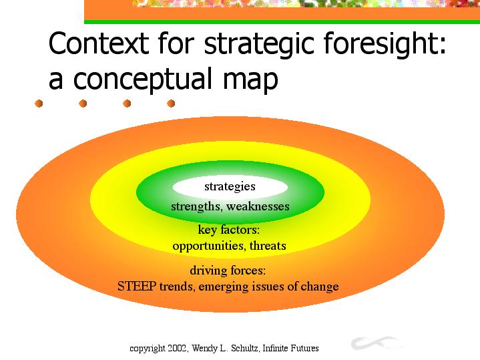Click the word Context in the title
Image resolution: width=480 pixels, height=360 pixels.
coord(99,43)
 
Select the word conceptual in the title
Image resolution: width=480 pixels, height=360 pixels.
coord(142,79)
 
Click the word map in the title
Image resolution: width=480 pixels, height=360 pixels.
coord(250,81)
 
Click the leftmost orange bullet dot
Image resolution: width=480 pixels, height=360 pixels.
coord(39,104)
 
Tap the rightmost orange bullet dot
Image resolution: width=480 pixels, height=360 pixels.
coord(171,104)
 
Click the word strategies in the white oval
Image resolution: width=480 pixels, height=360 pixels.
coord(230,186)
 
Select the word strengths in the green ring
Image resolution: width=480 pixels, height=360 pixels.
coord(196,206)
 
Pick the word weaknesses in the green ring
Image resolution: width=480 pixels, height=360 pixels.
coord(258,206)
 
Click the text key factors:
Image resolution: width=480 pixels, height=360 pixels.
coord(229,230)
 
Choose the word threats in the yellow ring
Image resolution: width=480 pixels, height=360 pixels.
coord(268,245)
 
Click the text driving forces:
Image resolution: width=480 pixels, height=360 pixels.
coord(228,271)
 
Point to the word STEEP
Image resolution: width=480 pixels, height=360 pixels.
coord(137,286)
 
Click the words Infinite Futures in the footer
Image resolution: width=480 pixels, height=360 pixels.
coord(290,349)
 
